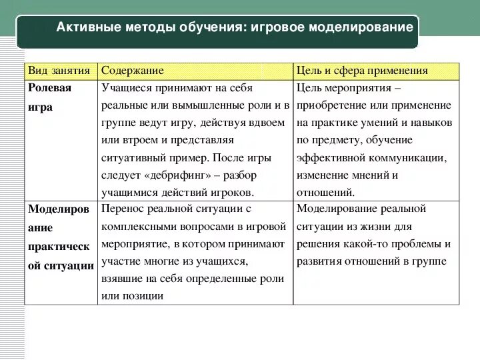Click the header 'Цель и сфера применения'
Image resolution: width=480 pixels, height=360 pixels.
click(363, 71)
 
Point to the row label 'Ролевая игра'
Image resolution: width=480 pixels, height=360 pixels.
click(49, 97)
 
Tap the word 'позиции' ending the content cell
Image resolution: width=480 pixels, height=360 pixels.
click(142, 295)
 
